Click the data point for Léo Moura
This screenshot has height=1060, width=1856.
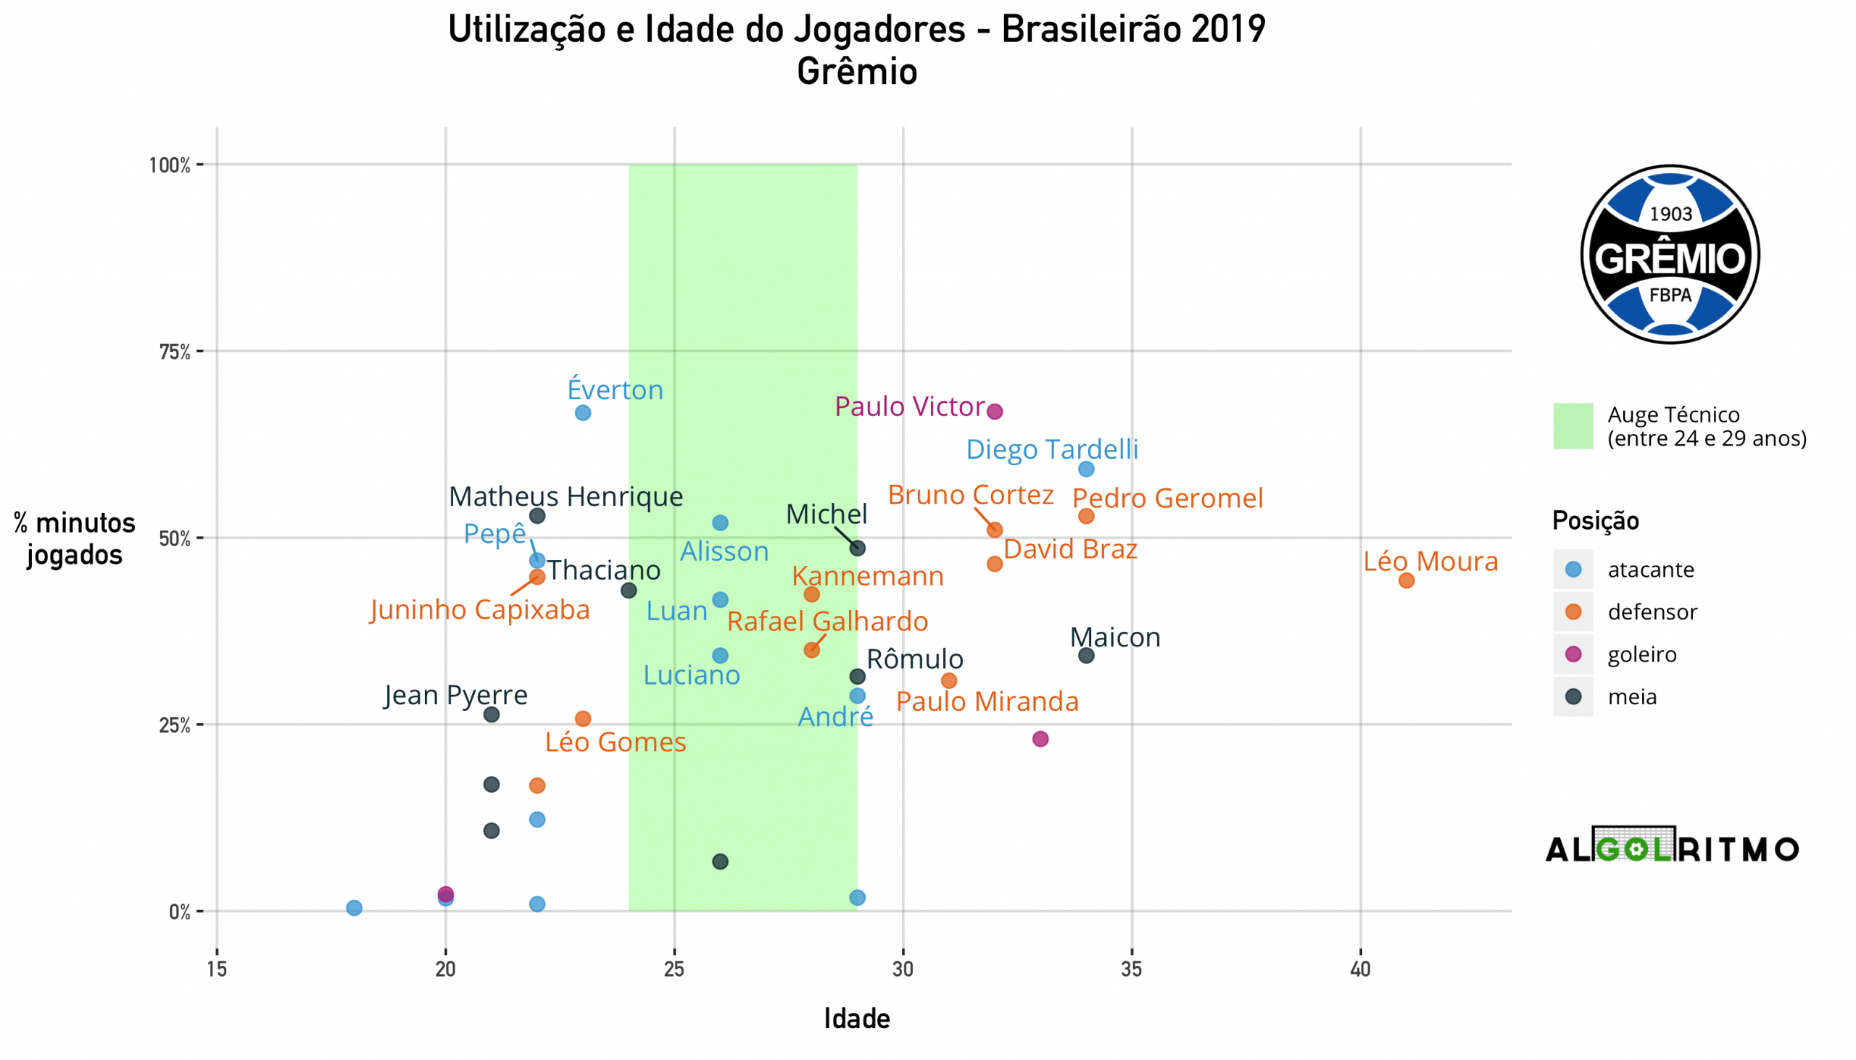(x=1406, y=580)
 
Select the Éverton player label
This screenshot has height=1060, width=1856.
(x=615, y=391)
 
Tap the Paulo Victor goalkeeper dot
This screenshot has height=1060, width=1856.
(x=994, y=412)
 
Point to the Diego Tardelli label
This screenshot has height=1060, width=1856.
(x=1051, y=449)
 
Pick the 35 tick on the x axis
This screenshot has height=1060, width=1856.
(x=1131, y=969)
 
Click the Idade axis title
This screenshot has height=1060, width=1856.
(x=857, y=1019)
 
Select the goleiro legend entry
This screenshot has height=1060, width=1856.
(x=1642, y=654)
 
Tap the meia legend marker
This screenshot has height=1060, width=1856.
(x=1573, y=697)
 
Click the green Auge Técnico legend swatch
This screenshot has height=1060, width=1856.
(x=1573, y=426)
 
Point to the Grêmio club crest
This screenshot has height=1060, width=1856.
(x=1670, y=255)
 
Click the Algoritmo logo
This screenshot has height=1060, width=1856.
(x=1672, y=848)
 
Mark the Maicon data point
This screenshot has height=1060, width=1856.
(x=1085, y=655)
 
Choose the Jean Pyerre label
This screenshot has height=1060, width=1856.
(x=456, y=696)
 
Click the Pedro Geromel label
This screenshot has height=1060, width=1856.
(x=1167, y=498)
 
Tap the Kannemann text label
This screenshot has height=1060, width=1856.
(x=868, y=577)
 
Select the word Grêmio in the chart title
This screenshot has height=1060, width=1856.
(x=857, y=72)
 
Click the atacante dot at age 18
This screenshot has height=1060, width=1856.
(x=354, y=908)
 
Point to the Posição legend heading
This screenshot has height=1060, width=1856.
(x=1595, y=520)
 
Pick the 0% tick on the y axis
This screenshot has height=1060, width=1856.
(x=179, y=912)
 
